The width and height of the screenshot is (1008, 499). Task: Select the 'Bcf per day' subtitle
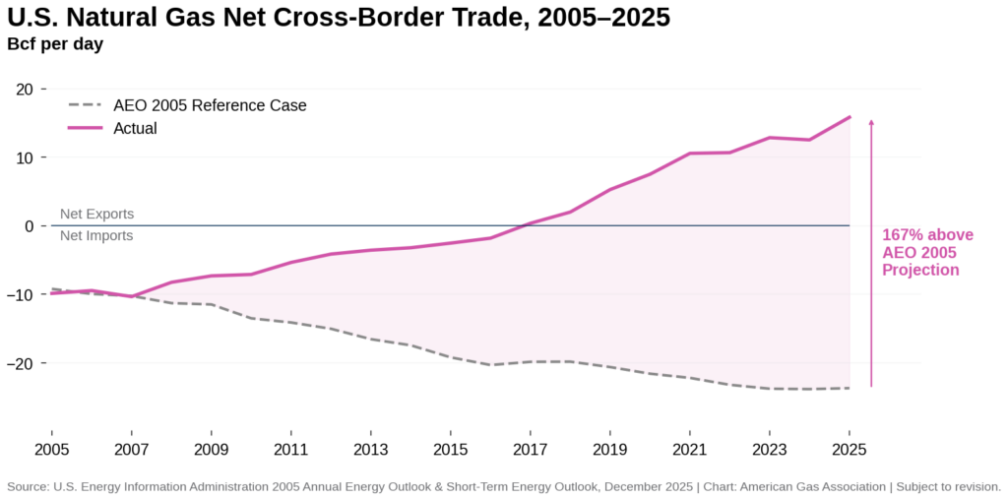(x=55, y=43)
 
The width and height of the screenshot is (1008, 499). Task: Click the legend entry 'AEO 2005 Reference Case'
(x=210, y=105)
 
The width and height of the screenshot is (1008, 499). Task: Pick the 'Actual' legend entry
(x=135, y=128)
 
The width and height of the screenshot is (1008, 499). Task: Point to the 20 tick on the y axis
(x=24, y=90)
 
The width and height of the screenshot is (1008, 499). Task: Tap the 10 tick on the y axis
(x=24, y=157)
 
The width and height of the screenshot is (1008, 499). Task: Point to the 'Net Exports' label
(x=96, y=214)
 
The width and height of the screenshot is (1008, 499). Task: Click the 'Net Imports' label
(x=96, y=236)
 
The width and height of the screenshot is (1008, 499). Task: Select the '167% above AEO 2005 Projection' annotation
(x=926, y=252)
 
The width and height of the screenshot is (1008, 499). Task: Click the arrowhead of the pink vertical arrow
(x=871, y=122)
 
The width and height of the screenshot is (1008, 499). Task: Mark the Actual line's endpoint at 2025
(x=850, y=117)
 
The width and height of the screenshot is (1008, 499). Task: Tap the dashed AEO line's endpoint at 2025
(x=850, y=388)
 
